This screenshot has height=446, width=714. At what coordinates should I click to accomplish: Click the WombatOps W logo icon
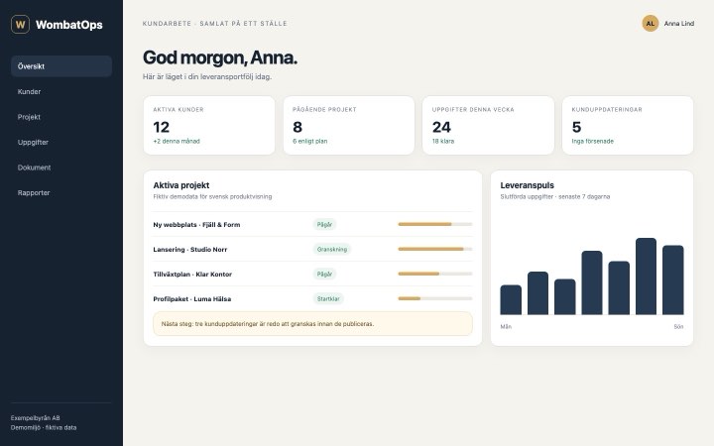pos(20,24)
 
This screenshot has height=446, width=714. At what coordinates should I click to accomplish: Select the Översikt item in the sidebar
pos(61,66)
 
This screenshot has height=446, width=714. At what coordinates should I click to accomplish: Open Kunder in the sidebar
pos(29,91)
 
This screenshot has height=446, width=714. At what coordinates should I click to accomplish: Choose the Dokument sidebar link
pos(34,167)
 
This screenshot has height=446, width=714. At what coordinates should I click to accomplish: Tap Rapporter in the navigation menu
pos(34,192)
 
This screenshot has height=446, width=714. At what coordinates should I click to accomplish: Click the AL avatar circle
pos(651,23)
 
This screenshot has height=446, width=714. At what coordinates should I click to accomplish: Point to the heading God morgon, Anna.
pos(220,57)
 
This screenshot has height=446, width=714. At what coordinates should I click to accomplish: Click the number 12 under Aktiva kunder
pos(162,127)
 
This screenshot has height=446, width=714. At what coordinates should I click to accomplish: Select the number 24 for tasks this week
pos(441,127)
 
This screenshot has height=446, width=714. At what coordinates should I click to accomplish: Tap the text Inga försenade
pos(592,141)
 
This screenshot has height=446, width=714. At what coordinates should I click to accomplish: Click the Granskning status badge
pos(332,249)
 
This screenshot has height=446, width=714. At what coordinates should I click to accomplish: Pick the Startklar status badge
pos(328,298)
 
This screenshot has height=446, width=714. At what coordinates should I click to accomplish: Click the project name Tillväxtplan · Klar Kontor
pos(192,274)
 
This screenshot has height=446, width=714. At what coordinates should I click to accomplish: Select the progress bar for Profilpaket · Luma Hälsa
pos(435,298)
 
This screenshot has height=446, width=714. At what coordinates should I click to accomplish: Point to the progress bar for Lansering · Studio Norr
pos(435,249)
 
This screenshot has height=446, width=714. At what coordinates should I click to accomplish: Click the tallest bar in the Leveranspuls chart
pos(646,277)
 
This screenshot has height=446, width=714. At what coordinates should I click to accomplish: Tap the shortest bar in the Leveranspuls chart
pos(511,300)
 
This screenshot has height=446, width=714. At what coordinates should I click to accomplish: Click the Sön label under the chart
pos(678,326)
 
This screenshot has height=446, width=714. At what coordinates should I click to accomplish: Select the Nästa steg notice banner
pos(312,323)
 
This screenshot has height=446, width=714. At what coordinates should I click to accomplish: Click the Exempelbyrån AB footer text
pos(35,418)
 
